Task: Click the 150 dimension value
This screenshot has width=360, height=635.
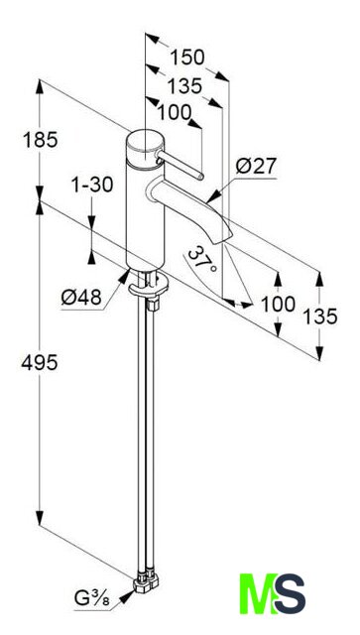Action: pos(187,58)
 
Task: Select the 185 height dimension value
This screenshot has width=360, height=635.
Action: pos(41,141)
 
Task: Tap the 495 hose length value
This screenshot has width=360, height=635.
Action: pos(40,362)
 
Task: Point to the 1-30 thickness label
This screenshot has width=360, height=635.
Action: pos(92,186)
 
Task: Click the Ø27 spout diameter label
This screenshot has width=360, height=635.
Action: pos(256,166)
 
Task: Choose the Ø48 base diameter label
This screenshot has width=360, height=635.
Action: pos(81,298)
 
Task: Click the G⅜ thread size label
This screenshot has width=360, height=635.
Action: pos(92,598)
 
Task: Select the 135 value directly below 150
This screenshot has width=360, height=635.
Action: pos(184,86)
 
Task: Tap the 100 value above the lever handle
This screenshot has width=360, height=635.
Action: pos(175,112)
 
